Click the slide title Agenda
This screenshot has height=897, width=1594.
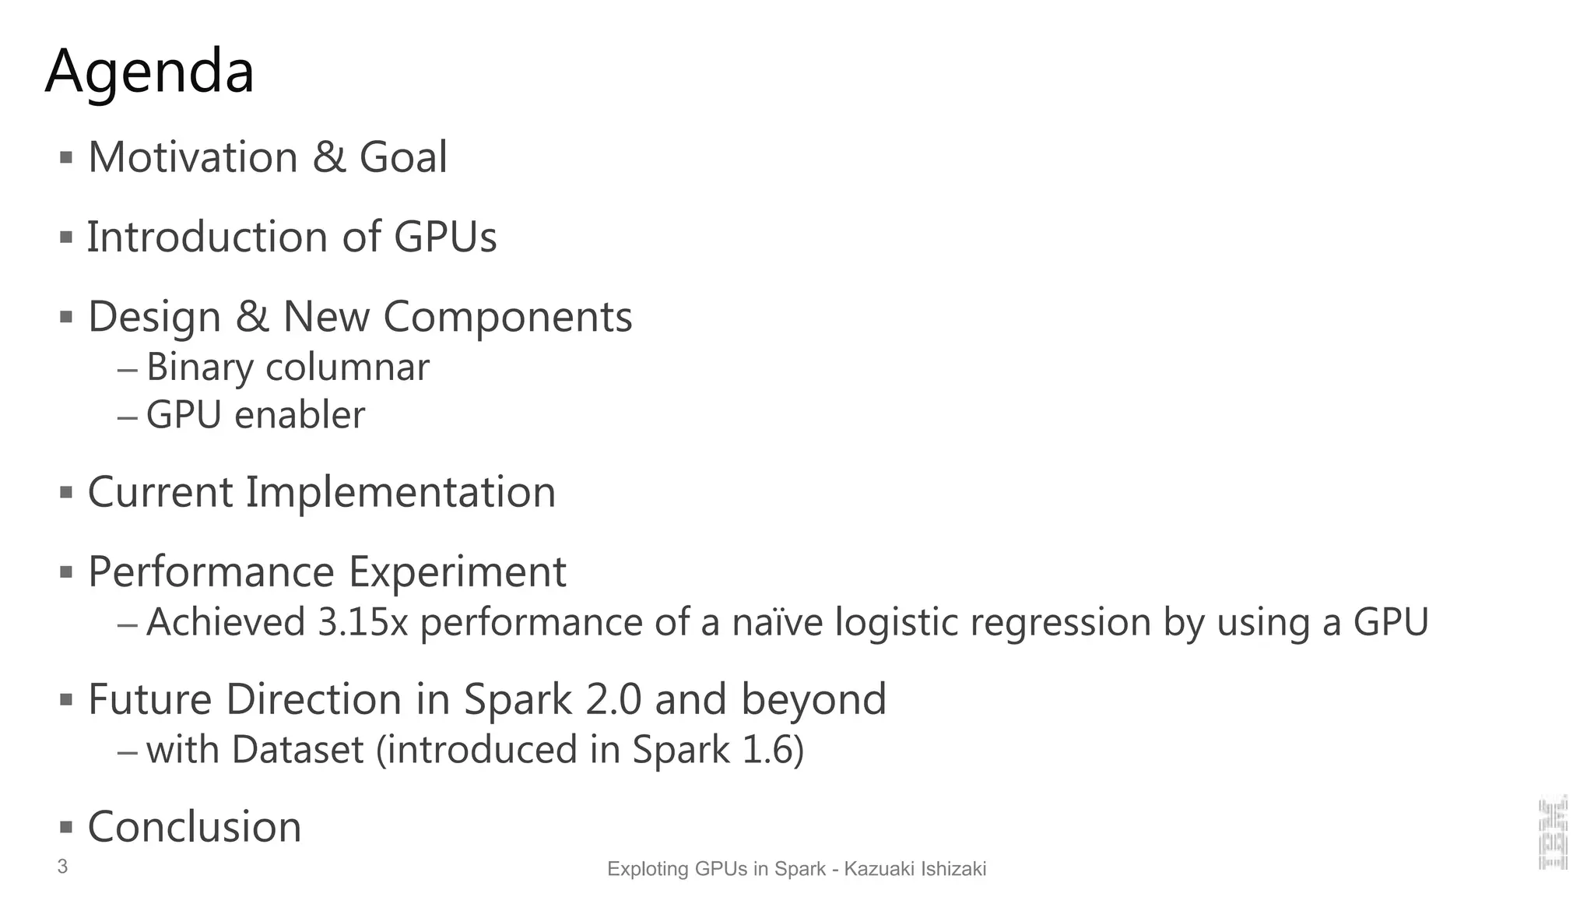pyautogui.click(x=149, y=72)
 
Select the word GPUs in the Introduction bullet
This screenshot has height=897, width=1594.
pyautogui.click(x=444, y=237)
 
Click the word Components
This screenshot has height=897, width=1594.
pyautogui.click(x=507, y=317)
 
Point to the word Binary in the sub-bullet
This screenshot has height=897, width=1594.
pyautogui.click(x=199, y=367)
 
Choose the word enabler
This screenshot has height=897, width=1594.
pyautogui.click(x=300, y=415)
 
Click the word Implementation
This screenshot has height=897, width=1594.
pyautogui.click(x=401, y=492)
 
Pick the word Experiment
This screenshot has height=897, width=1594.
pyautogui.click(x=457, y=572)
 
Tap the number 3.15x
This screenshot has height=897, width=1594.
pyautogui.click(x=363, y=622)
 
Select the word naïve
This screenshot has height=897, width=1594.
pyautogui.click(x=777, y=622)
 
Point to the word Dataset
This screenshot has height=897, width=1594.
pyautogui.click(x=297, y=750)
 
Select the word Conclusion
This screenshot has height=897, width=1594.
pyautogui.click(x=195, y=827)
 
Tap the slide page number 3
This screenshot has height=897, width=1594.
pyautogui.click(x=62, y=867)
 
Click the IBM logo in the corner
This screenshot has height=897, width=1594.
pyautogui.click(x=1553, y=832)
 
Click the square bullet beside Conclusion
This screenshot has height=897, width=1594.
pyautogui.click(x=66, y=826)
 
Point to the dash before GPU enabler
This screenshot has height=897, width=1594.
pyautogui.click(x=128, y=417)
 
